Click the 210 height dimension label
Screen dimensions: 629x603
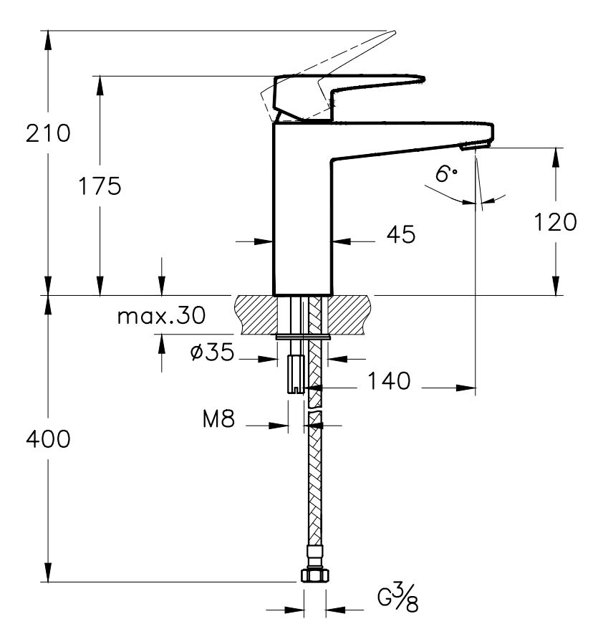48,133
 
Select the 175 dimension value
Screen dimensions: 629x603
100,186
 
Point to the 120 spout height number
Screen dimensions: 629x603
555,222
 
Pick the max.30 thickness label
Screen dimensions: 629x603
161,316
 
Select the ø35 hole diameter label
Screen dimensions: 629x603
213,353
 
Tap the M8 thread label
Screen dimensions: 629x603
218,419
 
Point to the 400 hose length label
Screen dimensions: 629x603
48,439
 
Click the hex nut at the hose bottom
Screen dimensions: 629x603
314,575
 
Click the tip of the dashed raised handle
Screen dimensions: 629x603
390,32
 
